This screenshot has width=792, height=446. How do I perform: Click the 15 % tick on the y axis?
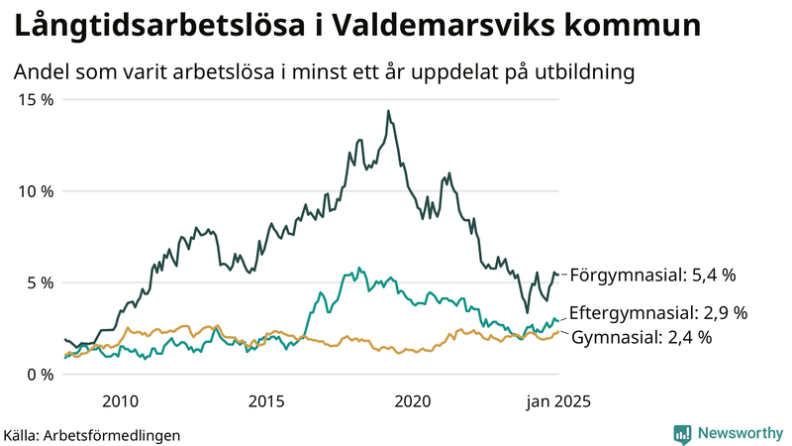click(x=34, y=99)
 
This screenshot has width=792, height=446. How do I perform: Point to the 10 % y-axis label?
click(x=34, y=190)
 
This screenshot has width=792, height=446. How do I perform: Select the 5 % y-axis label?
click(x=38, y=282)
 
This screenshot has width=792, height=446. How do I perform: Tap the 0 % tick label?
click(x=38, y=374)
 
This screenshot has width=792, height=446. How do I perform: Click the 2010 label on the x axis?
click(x=120, y=401)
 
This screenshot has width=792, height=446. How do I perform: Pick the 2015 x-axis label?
click(x=266, y=401)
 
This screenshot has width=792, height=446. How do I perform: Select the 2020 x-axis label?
click(x=413, y=401)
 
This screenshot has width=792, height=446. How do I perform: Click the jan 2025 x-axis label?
click(x=558, y=401)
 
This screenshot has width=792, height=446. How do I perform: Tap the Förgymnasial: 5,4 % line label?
click(x=654, y=275)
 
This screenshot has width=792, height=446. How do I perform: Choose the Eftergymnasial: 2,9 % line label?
click(x=658, y=312)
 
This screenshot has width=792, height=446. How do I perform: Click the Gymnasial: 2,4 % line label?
click(x=643, y=337)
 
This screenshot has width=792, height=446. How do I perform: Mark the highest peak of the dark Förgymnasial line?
click(x=388, y=111)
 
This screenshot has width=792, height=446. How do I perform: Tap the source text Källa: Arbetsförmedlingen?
click(x=92, y=434)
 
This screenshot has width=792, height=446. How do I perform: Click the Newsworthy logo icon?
click(x=682, y=433)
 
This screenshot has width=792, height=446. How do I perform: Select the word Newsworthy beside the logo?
click(x=739, y=433)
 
